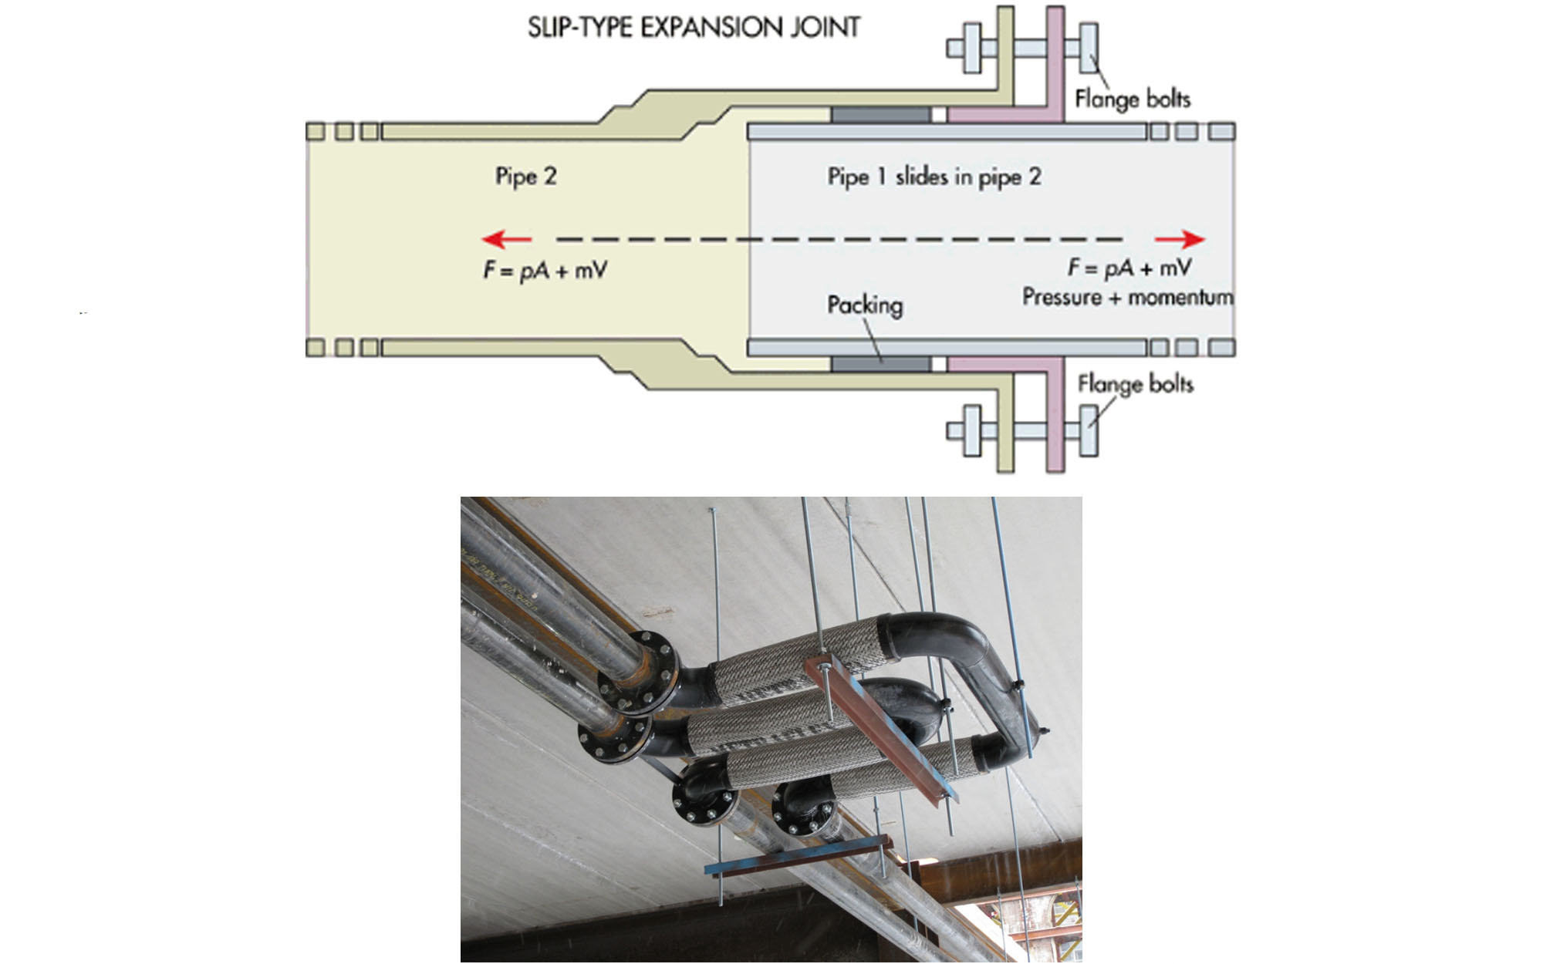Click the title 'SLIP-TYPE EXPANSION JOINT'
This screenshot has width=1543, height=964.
(694, 28)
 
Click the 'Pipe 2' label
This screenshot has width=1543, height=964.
(525, 177)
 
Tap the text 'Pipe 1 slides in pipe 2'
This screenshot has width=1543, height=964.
(934, 177)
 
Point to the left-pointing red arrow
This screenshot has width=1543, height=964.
(505, 239)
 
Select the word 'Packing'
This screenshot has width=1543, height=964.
(864, 305)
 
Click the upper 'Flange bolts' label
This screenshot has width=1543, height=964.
(1132, 99)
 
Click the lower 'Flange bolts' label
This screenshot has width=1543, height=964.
(1135, 383)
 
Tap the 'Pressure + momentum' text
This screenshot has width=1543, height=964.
(1127, 297)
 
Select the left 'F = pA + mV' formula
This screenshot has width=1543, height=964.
(545, 270)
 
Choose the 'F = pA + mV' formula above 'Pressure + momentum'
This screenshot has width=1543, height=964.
(1129, 268)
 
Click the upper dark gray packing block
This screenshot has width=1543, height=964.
(880, 115)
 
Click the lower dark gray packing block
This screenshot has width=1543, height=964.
(880, 363)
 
